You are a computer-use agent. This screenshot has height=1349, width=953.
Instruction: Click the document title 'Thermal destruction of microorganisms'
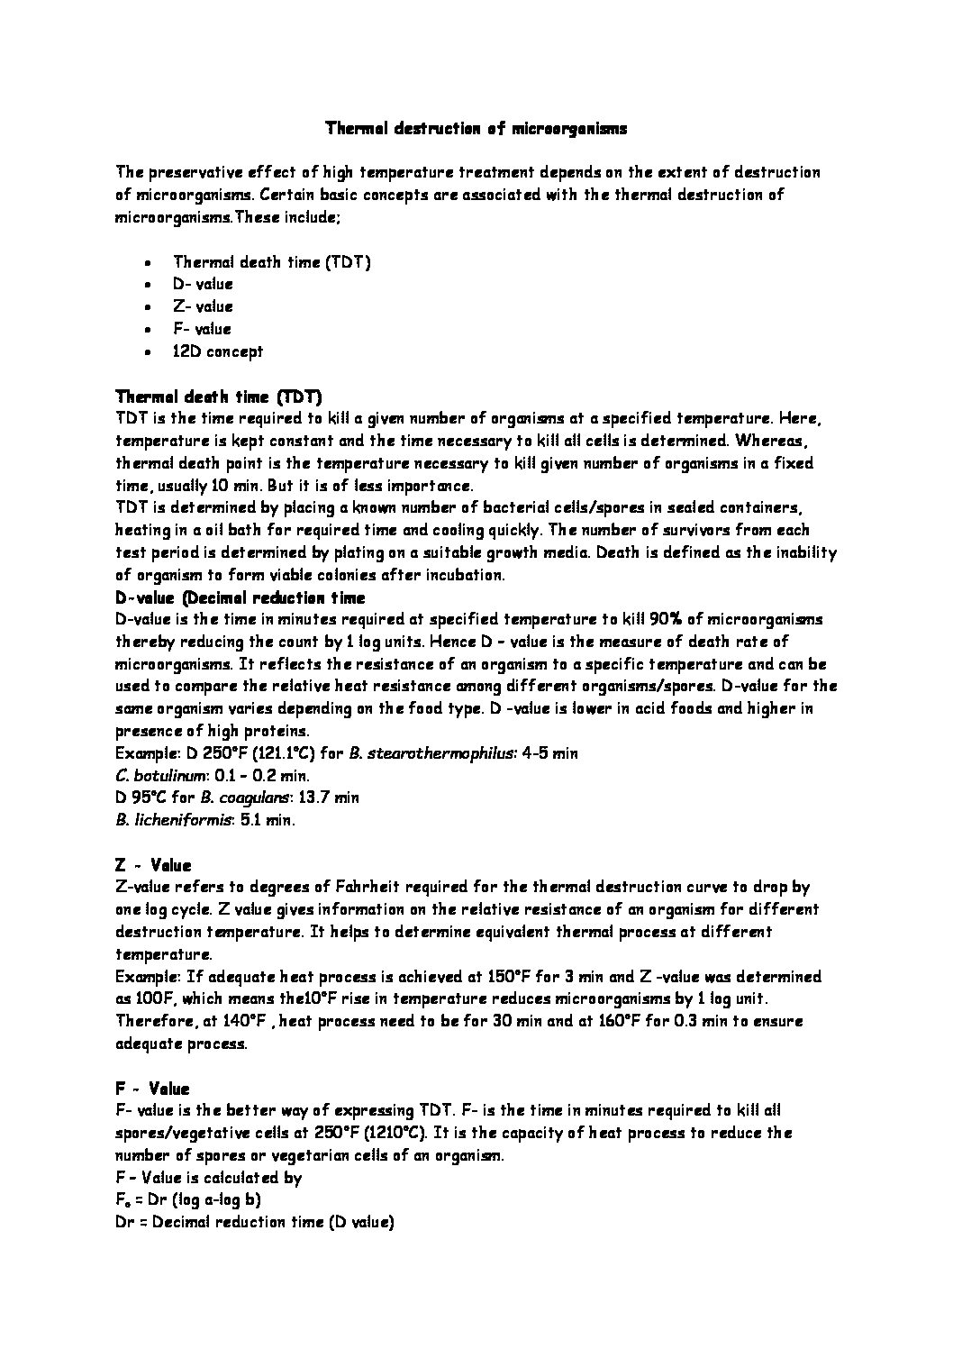[476, 129]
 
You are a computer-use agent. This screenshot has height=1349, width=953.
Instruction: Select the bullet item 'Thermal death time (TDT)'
[271, 262]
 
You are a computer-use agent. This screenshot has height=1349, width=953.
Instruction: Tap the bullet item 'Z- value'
[203, 306]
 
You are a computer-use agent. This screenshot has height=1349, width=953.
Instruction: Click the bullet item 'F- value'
[202, 329]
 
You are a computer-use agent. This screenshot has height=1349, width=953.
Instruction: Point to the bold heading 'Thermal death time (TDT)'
[219, 396]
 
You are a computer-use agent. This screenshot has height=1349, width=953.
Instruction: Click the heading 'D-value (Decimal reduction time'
[241, 597]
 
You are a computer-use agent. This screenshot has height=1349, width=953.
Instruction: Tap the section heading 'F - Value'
[153, 1089]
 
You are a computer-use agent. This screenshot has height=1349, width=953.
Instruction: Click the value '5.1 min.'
[268, 820]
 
